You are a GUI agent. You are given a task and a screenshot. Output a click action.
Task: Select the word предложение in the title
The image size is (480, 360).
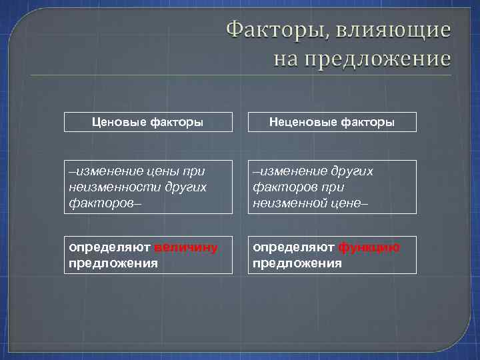click(378, 59)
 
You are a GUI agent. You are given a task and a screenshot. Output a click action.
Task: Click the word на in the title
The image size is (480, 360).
click(287, 59)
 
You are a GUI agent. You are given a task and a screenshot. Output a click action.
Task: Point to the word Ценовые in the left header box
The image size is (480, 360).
click(118, 123)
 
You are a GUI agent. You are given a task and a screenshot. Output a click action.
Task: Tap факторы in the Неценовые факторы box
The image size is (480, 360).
click(367, 123)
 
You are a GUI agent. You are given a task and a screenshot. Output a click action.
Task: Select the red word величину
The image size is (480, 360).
click(185, 247)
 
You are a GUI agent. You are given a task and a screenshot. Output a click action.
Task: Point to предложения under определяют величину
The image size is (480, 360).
click(113, 263)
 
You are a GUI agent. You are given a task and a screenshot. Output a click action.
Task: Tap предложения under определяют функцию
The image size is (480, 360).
click(297, 263)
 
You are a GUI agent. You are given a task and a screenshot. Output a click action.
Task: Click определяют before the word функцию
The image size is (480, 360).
click(293, 247)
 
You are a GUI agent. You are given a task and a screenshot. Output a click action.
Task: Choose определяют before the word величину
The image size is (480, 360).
click(110, 247)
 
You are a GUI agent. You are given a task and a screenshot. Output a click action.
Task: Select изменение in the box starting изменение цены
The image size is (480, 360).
click(107, 171)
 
